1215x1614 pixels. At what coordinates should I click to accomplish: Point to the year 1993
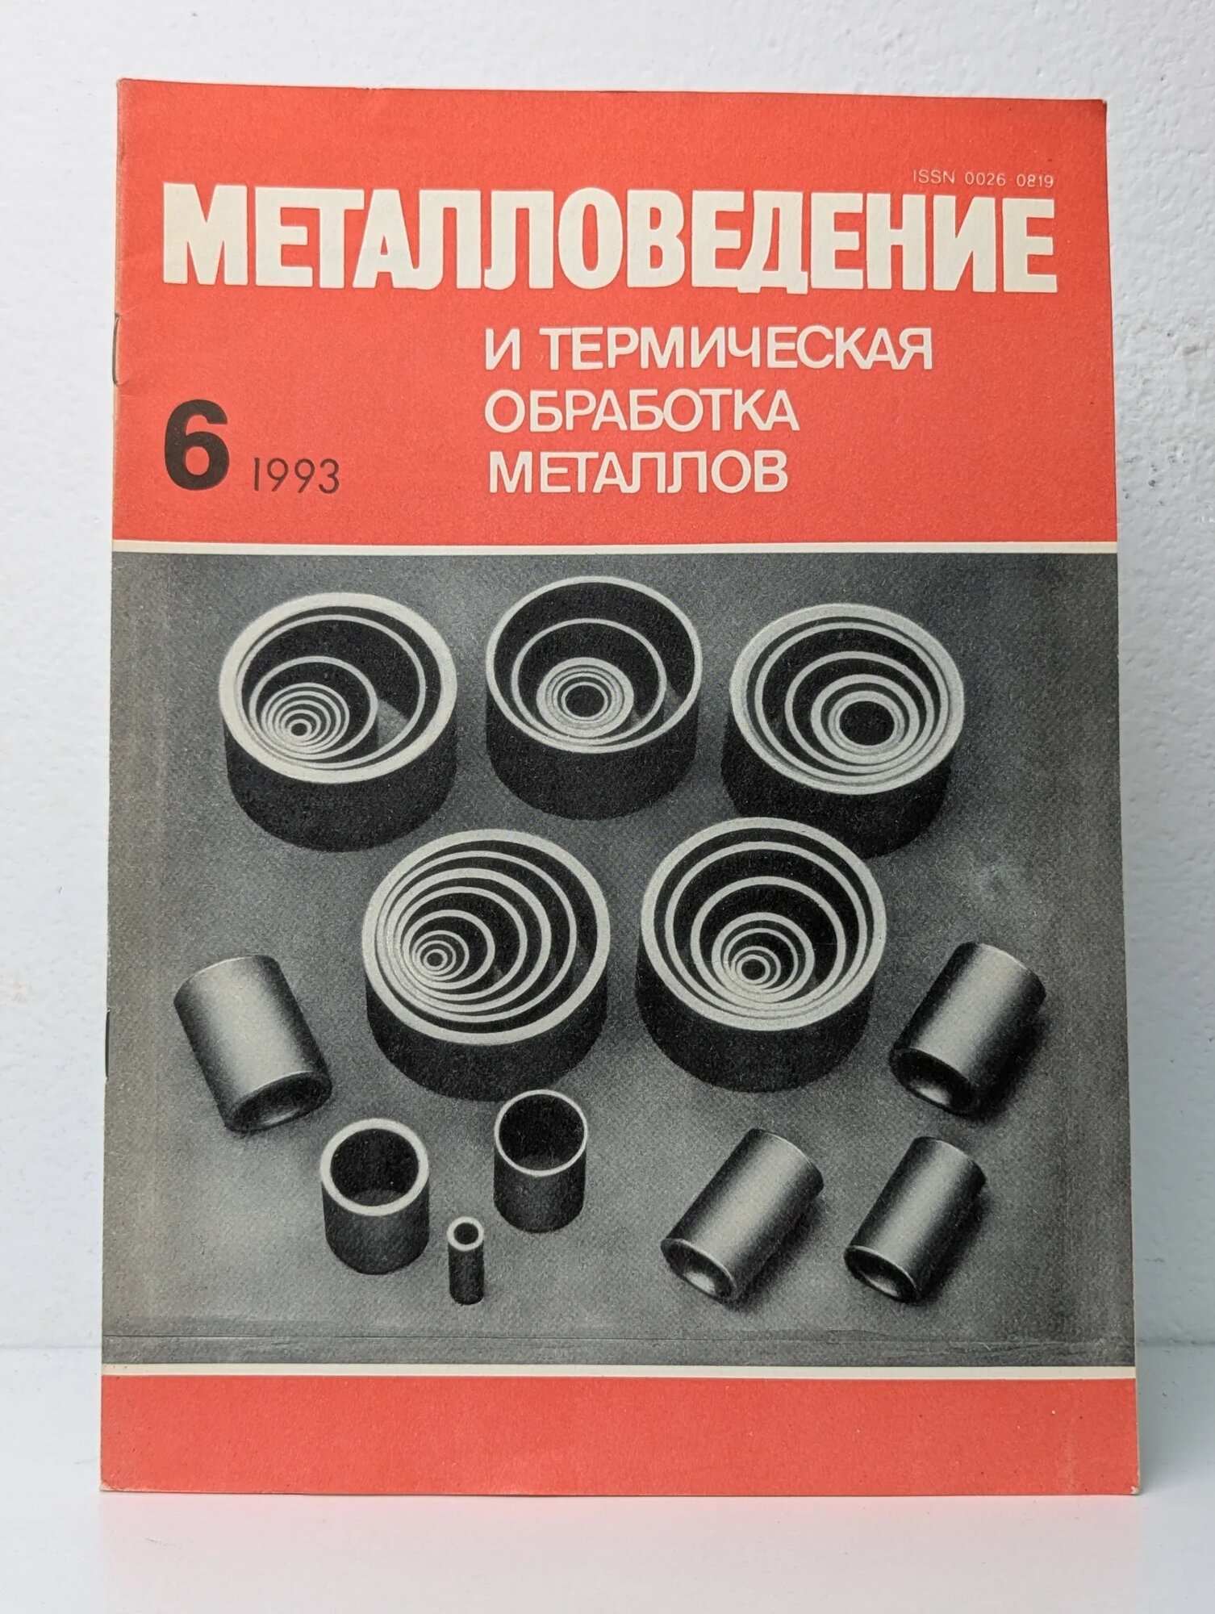click(x=294, y=475)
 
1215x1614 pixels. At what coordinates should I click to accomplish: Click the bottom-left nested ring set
click(x=484, y=956)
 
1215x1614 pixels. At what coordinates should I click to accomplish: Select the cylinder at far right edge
click(x=968, y=1029)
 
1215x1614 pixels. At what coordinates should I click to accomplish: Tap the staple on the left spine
click(x=109, y=1041)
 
